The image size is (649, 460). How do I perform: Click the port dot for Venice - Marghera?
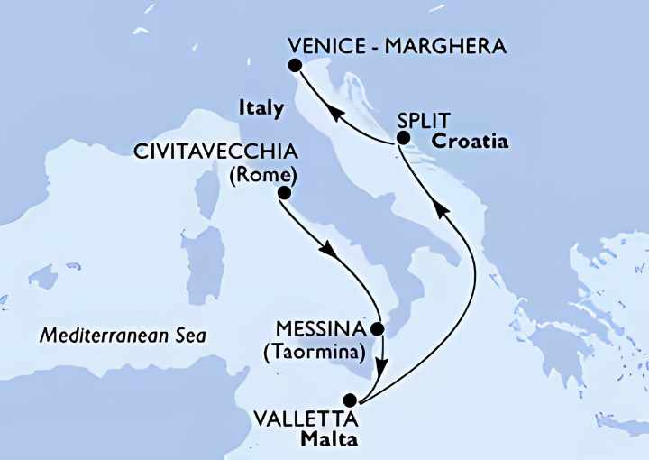(x=294, y=65)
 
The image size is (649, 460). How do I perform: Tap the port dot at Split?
(x=403, y=138)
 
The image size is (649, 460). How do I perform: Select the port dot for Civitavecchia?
(x=284, y=193)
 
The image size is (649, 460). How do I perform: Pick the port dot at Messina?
(x=379, y=329)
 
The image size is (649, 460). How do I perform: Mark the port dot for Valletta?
(x=349, y=399)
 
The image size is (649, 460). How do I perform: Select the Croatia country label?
(x=470, y=142)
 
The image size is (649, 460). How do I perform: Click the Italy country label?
(x=261, y=108)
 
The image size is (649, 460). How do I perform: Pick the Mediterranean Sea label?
(x=123, y=336)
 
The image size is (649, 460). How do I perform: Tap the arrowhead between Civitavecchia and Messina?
(x=331, y=252)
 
